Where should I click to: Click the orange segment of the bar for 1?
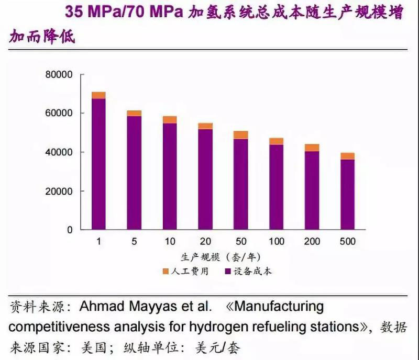coord(98,95)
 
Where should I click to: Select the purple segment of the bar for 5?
coord(134,173)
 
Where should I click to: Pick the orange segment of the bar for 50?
coord(241,135)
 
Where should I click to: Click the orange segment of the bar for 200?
coord(312,148)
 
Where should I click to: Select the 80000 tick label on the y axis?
coord(58,75)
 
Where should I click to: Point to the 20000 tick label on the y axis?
coord(58,191)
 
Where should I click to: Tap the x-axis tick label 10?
coord(169,241)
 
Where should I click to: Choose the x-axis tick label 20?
coord(205,241)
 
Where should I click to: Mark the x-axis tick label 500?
coord(347,241)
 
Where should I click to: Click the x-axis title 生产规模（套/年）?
coord(220,257)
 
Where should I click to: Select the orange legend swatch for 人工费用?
coord(166,271)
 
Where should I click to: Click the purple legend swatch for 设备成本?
coord(228,271)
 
